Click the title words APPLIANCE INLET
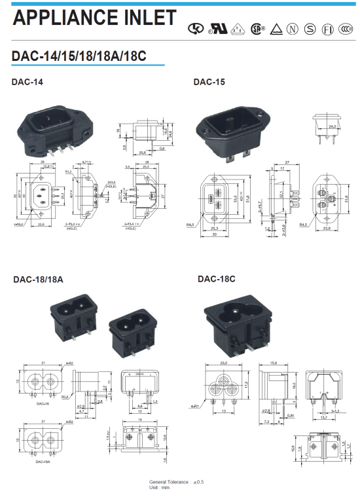coord(94,18)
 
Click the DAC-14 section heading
coord(27,83)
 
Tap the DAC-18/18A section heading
coord(38,280)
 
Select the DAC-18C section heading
coord(216,279)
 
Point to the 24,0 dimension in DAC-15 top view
coord(332,125)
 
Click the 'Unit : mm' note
coord(160,488)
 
